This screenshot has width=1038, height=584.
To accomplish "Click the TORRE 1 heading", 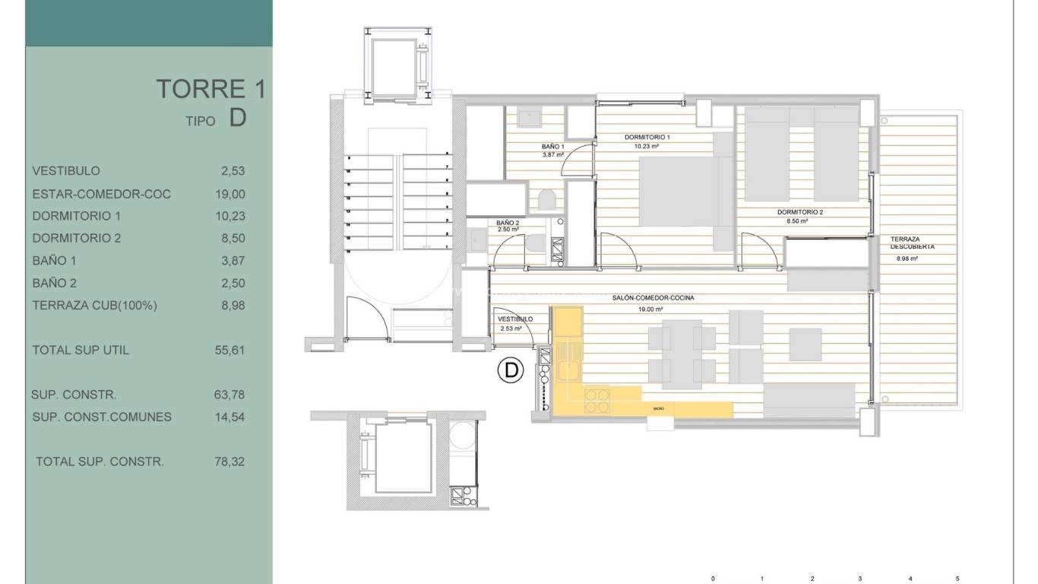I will (x=210, y=89).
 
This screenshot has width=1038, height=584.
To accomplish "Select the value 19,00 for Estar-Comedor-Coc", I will (x=230, y=194).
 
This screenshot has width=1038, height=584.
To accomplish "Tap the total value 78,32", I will (x=230, y=462).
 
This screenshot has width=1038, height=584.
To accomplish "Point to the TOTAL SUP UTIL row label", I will (x=81, y=351).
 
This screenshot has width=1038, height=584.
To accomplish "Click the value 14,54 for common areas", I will (x=230, y=417).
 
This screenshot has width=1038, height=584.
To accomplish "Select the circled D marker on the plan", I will (x=511, y=370).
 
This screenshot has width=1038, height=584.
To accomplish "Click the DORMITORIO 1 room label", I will (x=647, y=138).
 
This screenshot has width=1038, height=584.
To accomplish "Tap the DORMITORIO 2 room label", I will (x=800, y=212).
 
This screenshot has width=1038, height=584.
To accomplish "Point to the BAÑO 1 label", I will (x=553, y=146).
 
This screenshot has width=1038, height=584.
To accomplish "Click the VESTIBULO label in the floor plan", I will (x=514, y=319).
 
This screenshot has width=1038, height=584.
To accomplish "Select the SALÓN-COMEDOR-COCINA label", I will (x=653, y=298).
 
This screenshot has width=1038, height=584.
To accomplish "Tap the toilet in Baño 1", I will (x=546, y=199).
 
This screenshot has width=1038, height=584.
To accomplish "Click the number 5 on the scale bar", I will (x=957, y=579).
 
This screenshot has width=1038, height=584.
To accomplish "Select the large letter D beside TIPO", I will (x=237, y=119).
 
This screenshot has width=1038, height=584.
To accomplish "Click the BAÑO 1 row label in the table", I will (x=55, y=261).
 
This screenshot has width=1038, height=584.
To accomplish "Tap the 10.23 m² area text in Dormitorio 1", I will (x=645, y=146).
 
